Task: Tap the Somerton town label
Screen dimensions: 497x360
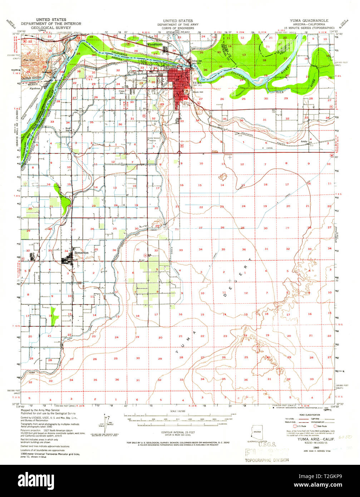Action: tap(81, 252)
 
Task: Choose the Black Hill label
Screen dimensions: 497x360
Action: tap(199, 92)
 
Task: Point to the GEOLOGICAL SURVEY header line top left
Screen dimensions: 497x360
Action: tap(51, 27)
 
